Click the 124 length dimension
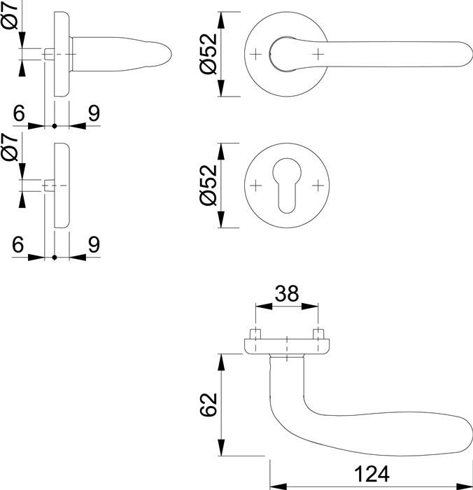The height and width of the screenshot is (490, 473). point(372,474)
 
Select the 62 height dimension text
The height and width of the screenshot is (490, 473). point(209,405)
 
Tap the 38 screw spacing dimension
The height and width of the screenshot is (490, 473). point(287,293)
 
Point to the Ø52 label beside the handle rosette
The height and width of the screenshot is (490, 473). point(209,53)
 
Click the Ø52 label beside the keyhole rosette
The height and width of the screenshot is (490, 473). point(209,185)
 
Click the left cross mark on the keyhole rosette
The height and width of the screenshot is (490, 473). point(256,185)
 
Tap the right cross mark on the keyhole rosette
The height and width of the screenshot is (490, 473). point(318,185)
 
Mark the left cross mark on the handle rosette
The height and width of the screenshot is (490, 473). point(256,55)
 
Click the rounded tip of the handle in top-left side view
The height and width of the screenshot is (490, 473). point(171,55)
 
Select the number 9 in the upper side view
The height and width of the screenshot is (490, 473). point(94,113)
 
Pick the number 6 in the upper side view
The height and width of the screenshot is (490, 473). point(19,113)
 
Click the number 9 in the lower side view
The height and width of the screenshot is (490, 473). point(94,244)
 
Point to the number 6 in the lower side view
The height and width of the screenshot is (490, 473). point(18,244)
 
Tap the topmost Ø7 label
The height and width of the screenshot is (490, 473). point(10,15)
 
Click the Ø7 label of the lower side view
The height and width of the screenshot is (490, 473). point(10,147)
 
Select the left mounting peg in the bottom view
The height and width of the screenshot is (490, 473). point(256,334)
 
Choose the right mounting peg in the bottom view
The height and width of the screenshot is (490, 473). point(318,334)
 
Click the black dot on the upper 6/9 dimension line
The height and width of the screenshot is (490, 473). point(55,126)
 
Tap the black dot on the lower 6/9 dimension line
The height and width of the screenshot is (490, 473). point(55,258)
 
